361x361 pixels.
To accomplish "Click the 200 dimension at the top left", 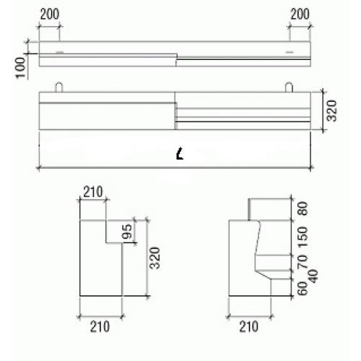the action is pyautogui.click(x=50, y=14).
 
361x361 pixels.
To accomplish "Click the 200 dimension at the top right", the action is pyautogui.click(x=300, y=14).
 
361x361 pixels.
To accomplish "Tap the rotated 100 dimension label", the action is pyautogui.click(x=21, y=68).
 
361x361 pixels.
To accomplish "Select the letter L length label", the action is pyautogui.click(x=180, y=154).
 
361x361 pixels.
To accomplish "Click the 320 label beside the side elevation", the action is pyautogui.click(x=331, y=110).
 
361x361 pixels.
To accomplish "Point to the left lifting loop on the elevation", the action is pyautogui.click(x=59, y=87).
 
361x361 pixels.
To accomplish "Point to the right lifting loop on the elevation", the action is pyautogui.click(x=289, y=87).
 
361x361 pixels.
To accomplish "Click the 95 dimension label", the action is pyautogui.click(x=127, y=231).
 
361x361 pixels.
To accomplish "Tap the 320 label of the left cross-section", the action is pyautogui.click(x=155, y=258).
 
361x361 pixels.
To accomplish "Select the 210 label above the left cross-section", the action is pyautogui.click(x=93, y=192).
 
